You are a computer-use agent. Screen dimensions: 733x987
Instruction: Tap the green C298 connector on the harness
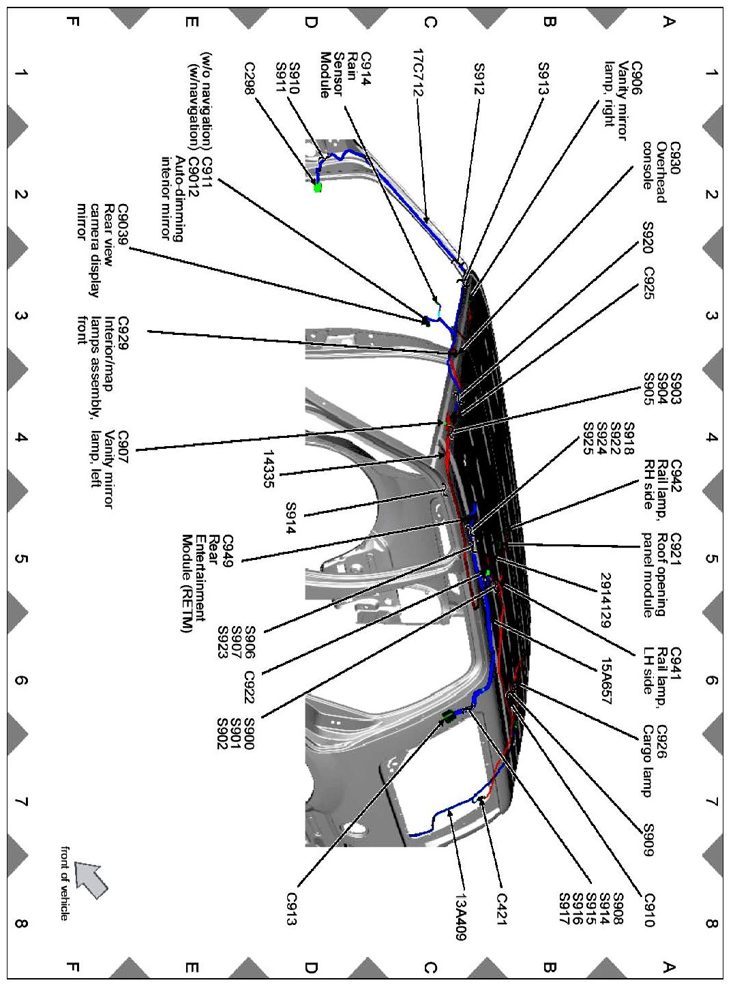point(317,187)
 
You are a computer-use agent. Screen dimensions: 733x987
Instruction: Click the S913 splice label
point(543,71)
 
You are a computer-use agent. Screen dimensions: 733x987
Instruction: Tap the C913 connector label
point(292,909)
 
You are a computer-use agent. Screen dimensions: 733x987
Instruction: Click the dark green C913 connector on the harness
point(448,716)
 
